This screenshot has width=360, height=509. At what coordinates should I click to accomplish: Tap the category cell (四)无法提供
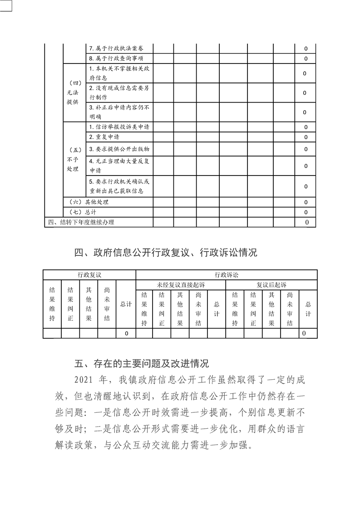pos(72,93)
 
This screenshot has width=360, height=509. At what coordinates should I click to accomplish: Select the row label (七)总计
pos(83,212)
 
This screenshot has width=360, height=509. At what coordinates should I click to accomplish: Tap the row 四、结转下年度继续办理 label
pos(81,222)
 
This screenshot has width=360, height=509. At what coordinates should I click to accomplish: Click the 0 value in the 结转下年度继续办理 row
pos(307,222)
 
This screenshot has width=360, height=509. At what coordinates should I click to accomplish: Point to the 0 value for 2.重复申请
pos(306,137)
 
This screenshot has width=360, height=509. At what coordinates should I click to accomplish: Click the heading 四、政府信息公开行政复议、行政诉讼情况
pos(165,253)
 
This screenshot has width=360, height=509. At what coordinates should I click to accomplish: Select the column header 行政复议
pos(89,275)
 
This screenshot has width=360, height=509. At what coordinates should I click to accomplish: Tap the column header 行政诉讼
pos(226,275)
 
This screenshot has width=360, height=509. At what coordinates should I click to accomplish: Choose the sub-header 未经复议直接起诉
pos(180,285)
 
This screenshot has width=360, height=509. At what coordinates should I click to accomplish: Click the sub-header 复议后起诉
pos(271,285)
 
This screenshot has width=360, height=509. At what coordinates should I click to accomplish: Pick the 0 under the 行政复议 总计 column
pos(126,333)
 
